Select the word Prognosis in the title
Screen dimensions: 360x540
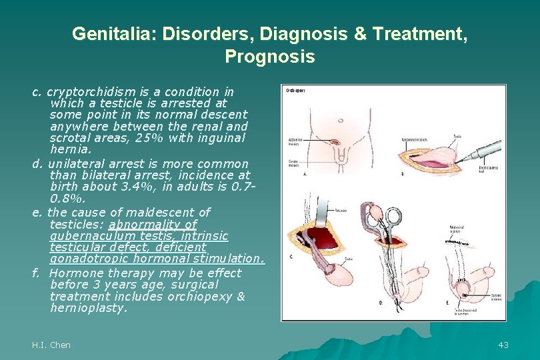(269, 57)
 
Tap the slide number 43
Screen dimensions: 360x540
(503, 345)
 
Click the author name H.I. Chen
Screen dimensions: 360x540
(51, 345)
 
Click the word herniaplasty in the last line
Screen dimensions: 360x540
(88, 308)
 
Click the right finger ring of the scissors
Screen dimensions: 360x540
(394, 216)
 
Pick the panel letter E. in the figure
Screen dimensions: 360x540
(446, 303)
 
